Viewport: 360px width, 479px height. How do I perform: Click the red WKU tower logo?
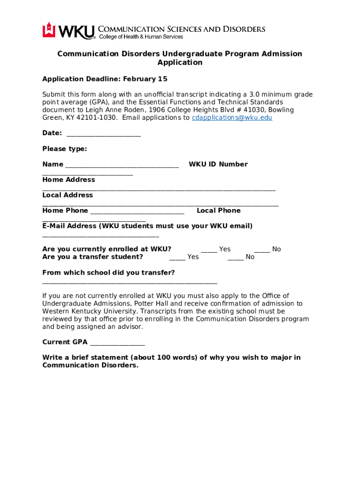pyautogui.click(x=49, y=30)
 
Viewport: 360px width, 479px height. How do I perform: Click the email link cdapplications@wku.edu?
pyautogui.click(x=232, y=118)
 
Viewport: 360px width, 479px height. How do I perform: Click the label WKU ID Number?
pyautogui.click(x=218, y=164)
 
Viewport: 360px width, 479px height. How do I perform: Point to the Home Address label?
pyautogui.click(x=68, y=180)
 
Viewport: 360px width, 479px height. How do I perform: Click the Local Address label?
pyautogui.click(x=67, y=195)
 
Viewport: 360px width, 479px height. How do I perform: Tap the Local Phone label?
pyautogui.click(x=218, y=210)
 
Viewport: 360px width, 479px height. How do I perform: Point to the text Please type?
pyautogui.click(x=65, y=149)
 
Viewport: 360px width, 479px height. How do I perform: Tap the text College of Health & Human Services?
pyautogui.click(x=140, y=37)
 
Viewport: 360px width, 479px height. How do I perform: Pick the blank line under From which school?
pyautogui.click(x=130, y=283)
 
